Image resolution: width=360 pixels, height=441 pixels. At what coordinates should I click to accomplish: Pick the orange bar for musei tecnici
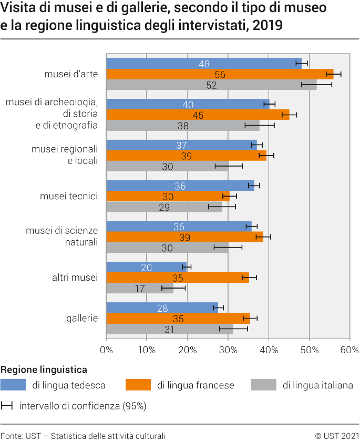(168, 196)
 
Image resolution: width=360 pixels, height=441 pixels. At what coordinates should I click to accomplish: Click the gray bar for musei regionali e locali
(167, 166)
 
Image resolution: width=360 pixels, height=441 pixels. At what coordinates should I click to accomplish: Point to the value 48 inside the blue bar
(204, 64)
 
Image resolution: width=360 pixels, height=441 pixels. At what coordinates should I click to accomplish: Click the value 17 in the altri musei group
(140, 289)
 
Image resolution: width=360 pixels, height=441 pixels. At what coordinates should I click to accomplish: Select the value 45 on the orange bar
(198, 115)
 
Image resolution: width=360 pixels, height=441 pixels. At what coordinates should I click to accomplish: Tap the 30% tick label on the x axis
(228, 350)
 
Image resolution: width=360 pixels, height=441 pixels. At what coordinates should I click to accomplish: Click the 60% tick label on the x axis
(349, 350)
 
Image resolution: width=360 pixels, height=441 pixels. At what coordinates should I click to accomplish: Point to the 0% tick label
(106, 350)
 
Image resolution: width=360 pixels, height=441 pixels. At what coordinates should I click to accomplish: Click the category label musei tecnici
(69, 196)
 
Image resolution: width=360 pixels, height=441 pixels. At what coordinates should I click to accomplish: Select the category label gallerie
(82, 318)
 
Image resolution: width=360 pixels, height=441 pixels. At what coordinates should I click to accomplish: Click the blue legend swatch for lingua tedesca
(13, 385)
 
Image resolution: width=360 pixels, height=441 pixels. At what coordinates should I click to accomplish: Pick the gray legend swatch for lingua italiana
(264, 385)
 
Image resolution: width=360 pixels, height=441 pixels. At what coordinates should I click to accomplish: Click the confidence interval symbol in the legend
(7, 406)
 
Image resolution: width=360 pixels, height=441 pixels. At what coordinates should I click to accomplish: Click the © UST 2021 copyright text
(336, 435)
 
